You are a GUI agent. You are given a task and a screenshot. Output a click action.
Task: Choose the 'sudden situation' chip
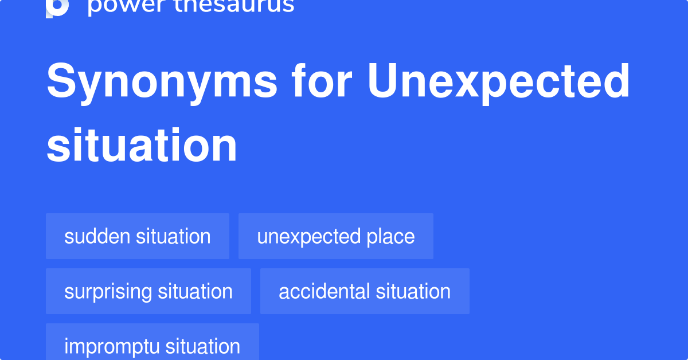point(138,236)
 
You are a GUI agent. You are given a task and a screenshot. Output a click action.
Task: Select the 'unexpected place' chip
point(336,236)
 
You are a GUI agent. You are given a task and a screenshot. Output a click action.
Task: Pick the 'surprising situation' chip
point(148,291)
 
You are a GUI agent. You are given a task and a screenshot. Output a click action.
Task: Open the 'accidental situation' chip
point(365,291)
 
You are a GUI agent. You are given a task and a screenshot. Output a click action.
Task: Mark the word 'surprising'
point(108,291)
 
